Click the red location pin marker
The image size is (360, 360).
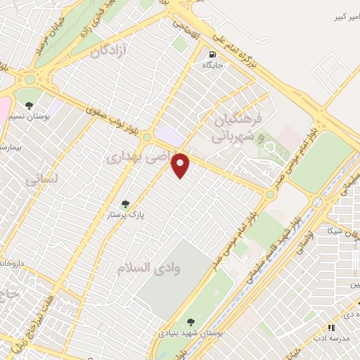tap(181, 165)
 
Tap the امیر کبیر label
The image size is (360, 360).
tap(340, 15)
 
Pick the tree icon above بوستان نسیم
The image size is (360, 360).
tap(29, 105)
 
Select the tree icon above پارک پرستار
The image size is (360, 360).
tap(126, 204)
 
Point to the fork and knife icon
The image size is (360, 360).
tap(330, 328)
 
